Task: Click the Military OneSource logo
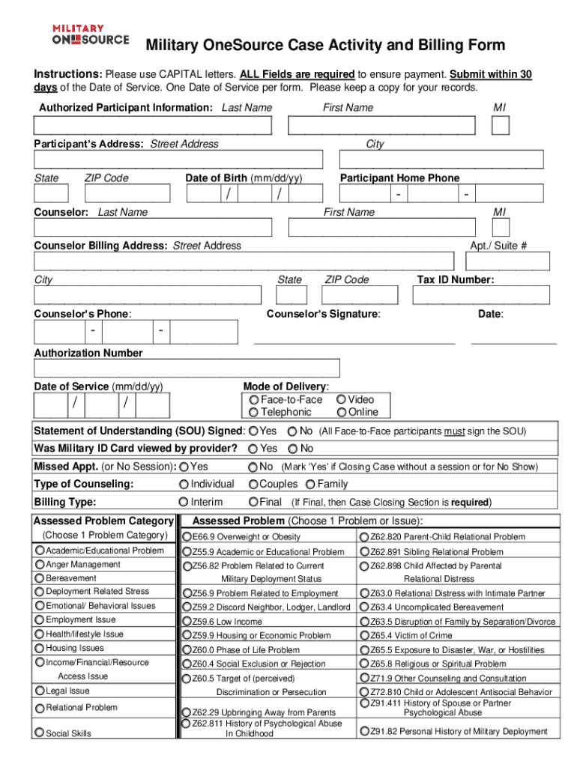tap(90, 34)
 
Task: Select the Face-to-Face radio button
tap(255, 400)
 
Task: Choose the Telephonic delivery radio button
tap(255, 413)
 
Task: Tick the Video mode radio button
tap(342, 400)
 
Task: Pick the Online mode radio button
tap(342, 413)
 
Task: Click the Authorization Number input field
tap(187, 369)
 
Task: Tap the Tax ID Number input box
tap(480, 297)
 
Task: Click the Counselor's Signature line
tap(354, 336)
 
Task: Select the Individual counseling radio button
tap(184, 485)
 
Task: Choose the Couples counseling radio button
tap(253, 485)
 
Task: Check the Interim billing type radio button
tap(184, 503)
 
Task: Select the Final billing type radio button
tap(253, 503)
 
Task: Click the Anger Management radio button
tap(40, 565)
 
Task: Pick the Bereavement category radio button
tap(40, 578)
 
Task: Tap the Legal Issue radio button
tap(40, 691)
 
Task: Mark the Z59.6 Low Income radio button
tap(187, 622)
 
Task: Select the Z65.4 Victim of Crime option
tap(364, 636)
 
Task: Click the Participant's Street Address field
tap(178, 160)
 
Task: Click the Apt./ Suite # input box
tap(508, 261)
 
